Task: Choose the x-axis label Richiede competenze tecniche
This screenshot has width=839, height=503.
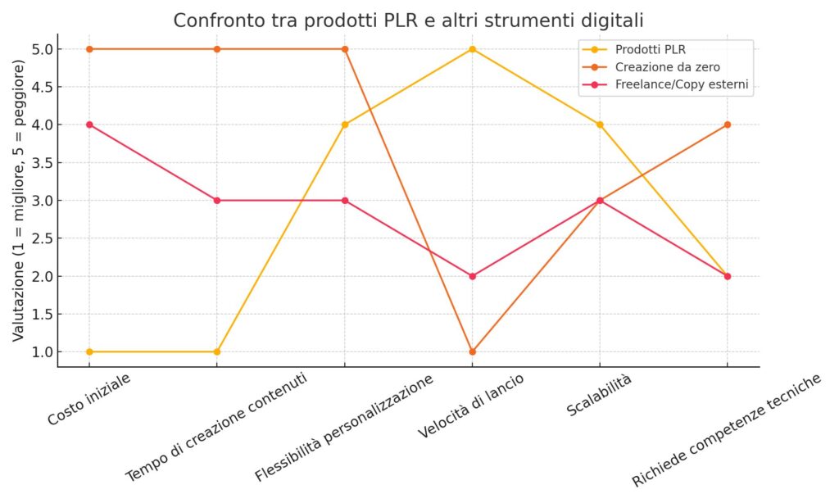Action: [726, 429]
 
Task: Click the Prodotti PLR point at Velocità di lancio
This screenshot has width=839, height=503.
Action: [472, 49]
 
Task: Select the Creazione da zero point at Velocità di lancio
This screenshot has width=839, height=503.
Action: [472, 351]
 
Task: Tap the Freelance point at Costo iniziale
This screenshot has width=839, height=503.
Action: [89, 125]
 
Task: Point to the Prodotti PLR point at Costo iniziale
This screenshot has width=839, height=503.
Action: [89, 351]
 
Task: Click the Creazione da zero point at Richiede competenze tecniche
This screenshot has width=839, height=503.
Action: [727, 125]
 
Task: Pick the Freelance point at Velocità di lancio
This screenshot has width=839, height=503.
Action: [472, 276]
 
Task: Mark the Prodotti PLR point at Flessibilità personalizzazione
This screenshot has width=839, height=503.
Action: [345, 125]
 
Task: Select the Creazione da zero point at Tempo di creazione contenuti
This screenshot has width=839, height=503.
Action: [217, 49]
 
